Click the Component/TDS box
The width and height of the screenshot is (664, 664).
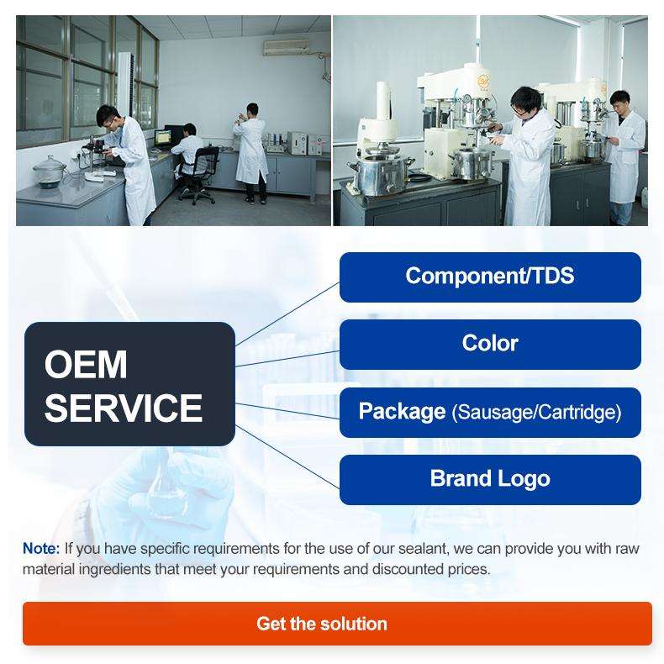490,277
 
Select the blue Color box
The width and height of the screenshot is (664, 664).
490,345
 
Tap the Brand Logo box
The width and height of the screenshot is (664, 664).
490,480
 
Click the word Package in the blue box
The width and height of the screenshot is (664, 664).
402,412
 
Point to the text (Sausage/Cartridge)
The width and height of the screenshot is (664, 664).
536,413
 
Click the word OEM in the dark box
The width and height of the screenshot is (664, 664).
86,365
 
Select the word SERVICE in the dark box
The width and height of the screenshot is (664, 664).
124,408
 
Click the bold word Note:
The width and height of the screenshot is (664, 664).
41,548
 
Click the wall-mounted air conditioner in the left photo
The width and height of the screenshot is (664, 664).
287,47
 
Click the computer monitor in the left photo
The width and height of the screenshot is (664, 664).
163,137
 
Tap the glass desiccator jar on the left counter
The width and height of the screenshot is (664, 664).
50,171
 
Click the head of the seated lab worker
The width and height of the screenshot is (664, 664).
189,129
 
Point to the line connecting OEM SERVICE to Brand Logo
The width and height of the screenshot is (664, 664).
287,457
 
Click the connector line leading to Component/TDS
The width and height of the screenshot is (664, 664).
287,314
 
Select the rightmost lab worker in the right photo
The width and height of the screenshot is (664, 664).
624,157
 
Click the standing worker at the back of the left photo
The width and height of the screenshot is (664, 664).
251,152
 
